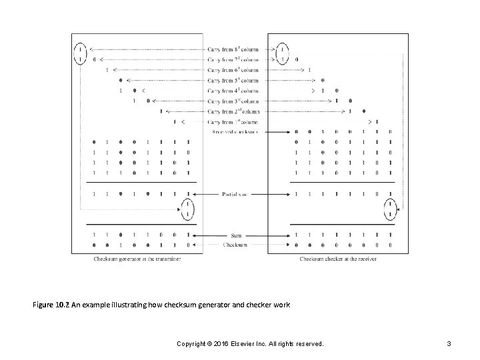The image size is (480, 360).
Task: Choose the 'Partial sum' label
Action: pos(235,194)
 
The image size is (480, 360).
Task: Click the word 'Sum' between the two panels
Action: pos(235,235)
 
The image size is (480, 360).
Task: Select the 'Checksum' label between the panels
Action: pos(235,245)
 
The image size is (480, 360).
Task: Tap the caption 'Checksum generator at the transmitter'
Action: pos(137,259)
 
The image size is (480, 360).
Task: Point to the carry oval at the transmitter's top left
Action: pos(81,53)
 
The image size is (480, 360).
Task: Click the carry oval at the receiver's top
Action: pos(283,53)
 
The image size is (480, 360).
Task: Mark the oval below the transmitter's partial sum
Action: pos(188,209)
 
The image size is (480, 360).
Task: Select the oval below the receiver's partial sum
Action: pos(390,209)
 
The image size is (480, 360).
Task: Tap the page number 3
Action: pos(449,344)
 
